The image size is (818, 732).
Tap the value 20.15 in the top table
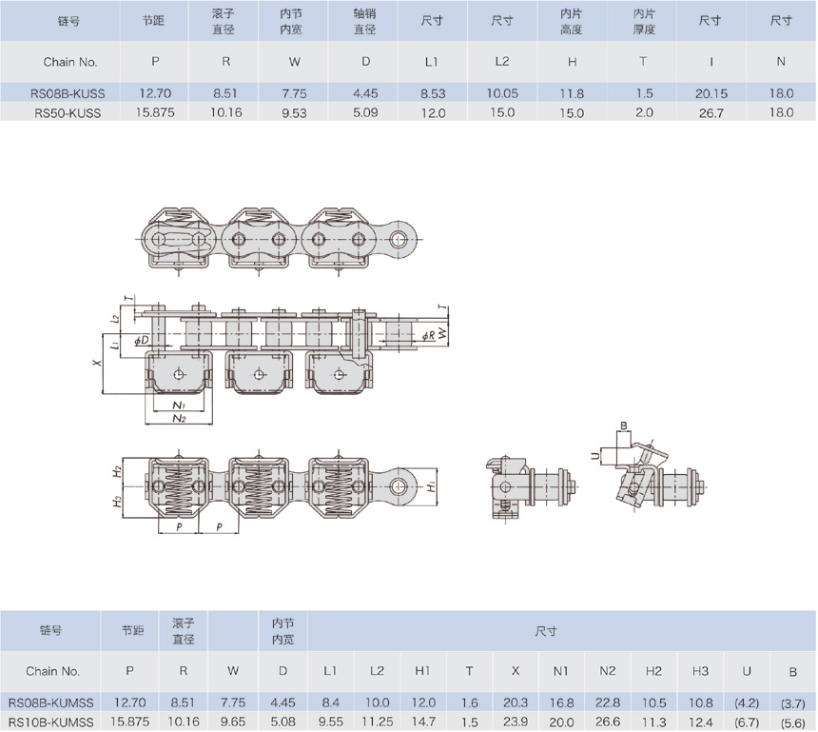[x=711, y=93]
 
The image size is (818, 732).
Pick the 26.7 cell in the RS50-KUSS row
[x=711, y=111]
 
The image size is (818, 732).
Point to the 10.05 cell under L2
[x=502, y=93]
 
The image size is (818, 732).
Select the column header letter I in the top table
[x=711, y=62]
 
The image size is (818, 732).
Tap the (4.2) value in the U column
[x=748, y=702]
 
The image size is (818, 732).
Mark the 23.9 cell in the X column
[x=515, y=722]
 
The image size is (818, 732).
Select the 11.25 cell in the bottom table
[x=377, y=722]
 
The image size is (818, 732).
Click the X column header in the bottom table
[x=515, y=670]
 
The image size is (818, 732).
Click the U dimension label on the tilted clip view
[x=595, y=456]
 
